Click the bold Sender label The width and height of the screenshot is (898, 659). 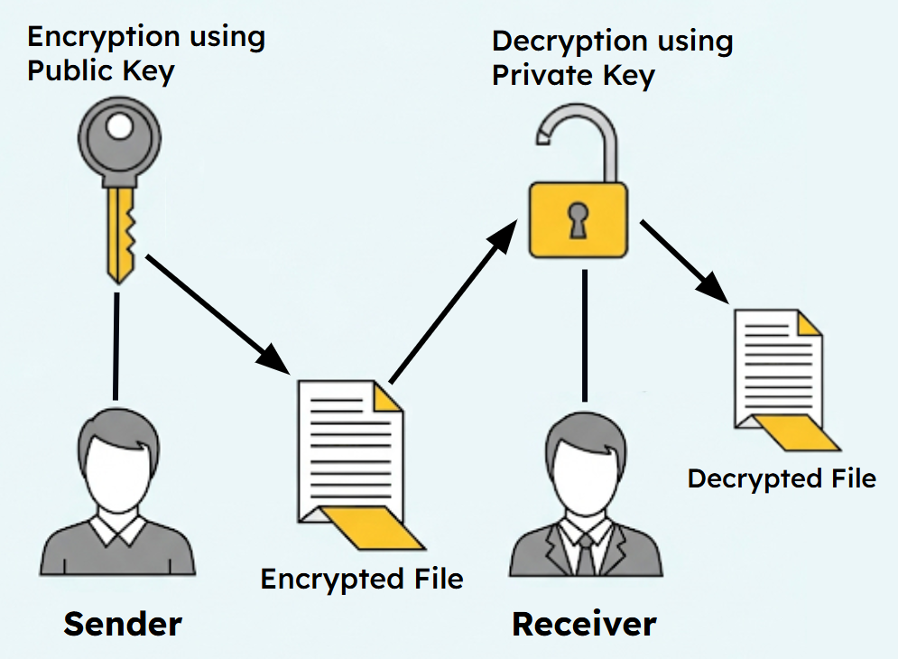click(x=123, y=624)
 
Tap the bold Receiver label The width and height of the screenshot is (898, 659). click(x=584, y=624)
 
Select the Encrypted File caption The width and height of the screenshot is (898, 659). click(x=362, y=578)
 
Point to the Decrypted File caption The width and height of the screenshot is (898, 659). click(x=782, y=478)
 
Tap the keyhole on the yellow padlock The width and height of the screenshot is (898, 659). click(x=578, y=219)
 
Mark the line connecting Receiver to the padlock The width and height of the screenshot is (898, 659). click(x=585, y=334)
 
